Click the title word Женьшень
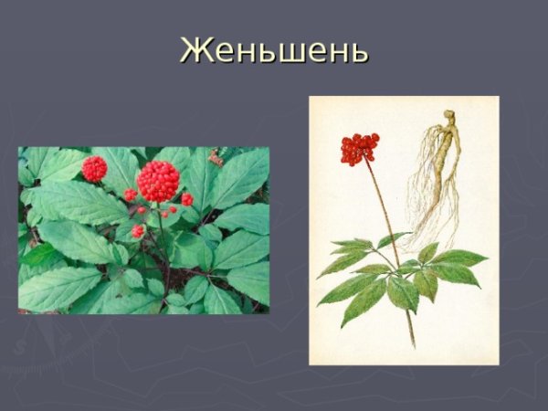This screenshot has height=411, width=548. click(274, 49)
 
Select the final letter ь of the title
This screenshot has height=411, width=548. click(357, 52)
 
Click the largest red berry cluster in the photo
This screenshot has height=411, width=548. click(158, 181)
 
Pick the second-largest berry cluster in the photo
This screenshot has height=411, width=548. click(94, 168)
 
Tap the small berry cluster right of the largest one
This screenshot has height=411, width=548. click(187, 199)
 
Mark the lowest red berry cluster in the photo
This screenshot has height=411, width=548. click(138, 231)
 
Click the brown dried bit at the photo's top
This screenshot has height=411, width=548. click(216, 157)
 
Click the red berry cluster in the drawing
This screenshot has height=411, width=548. click(359, 148)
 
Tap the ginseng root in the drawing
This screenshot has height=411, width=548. click(441, 174)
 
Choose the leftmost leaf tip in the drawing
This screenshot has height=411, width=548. click(320, 276)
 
